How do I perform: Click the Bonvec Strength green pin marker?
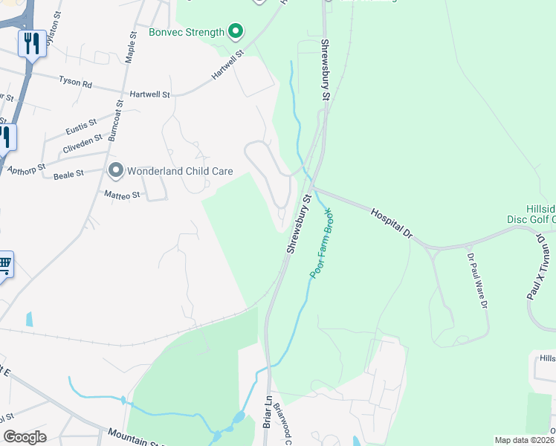pyautogui.click(x=236, y=31)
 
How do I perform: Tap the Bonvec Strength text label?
pyautogui.click(x=186, y=32)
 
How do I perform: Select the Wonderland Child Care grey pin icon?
pyautogui.click(x=115, y=171)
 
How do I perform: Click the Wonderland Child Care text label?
pyautogui.click(x=180, y=172)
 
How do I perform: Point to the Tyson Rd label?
pyautogui.click(x=75, y=82)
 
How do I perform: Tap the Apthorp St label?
pyautogui.click(x=26, y=169)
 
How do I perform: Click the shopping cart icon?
pyautogui.click(x=4, y=264)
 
